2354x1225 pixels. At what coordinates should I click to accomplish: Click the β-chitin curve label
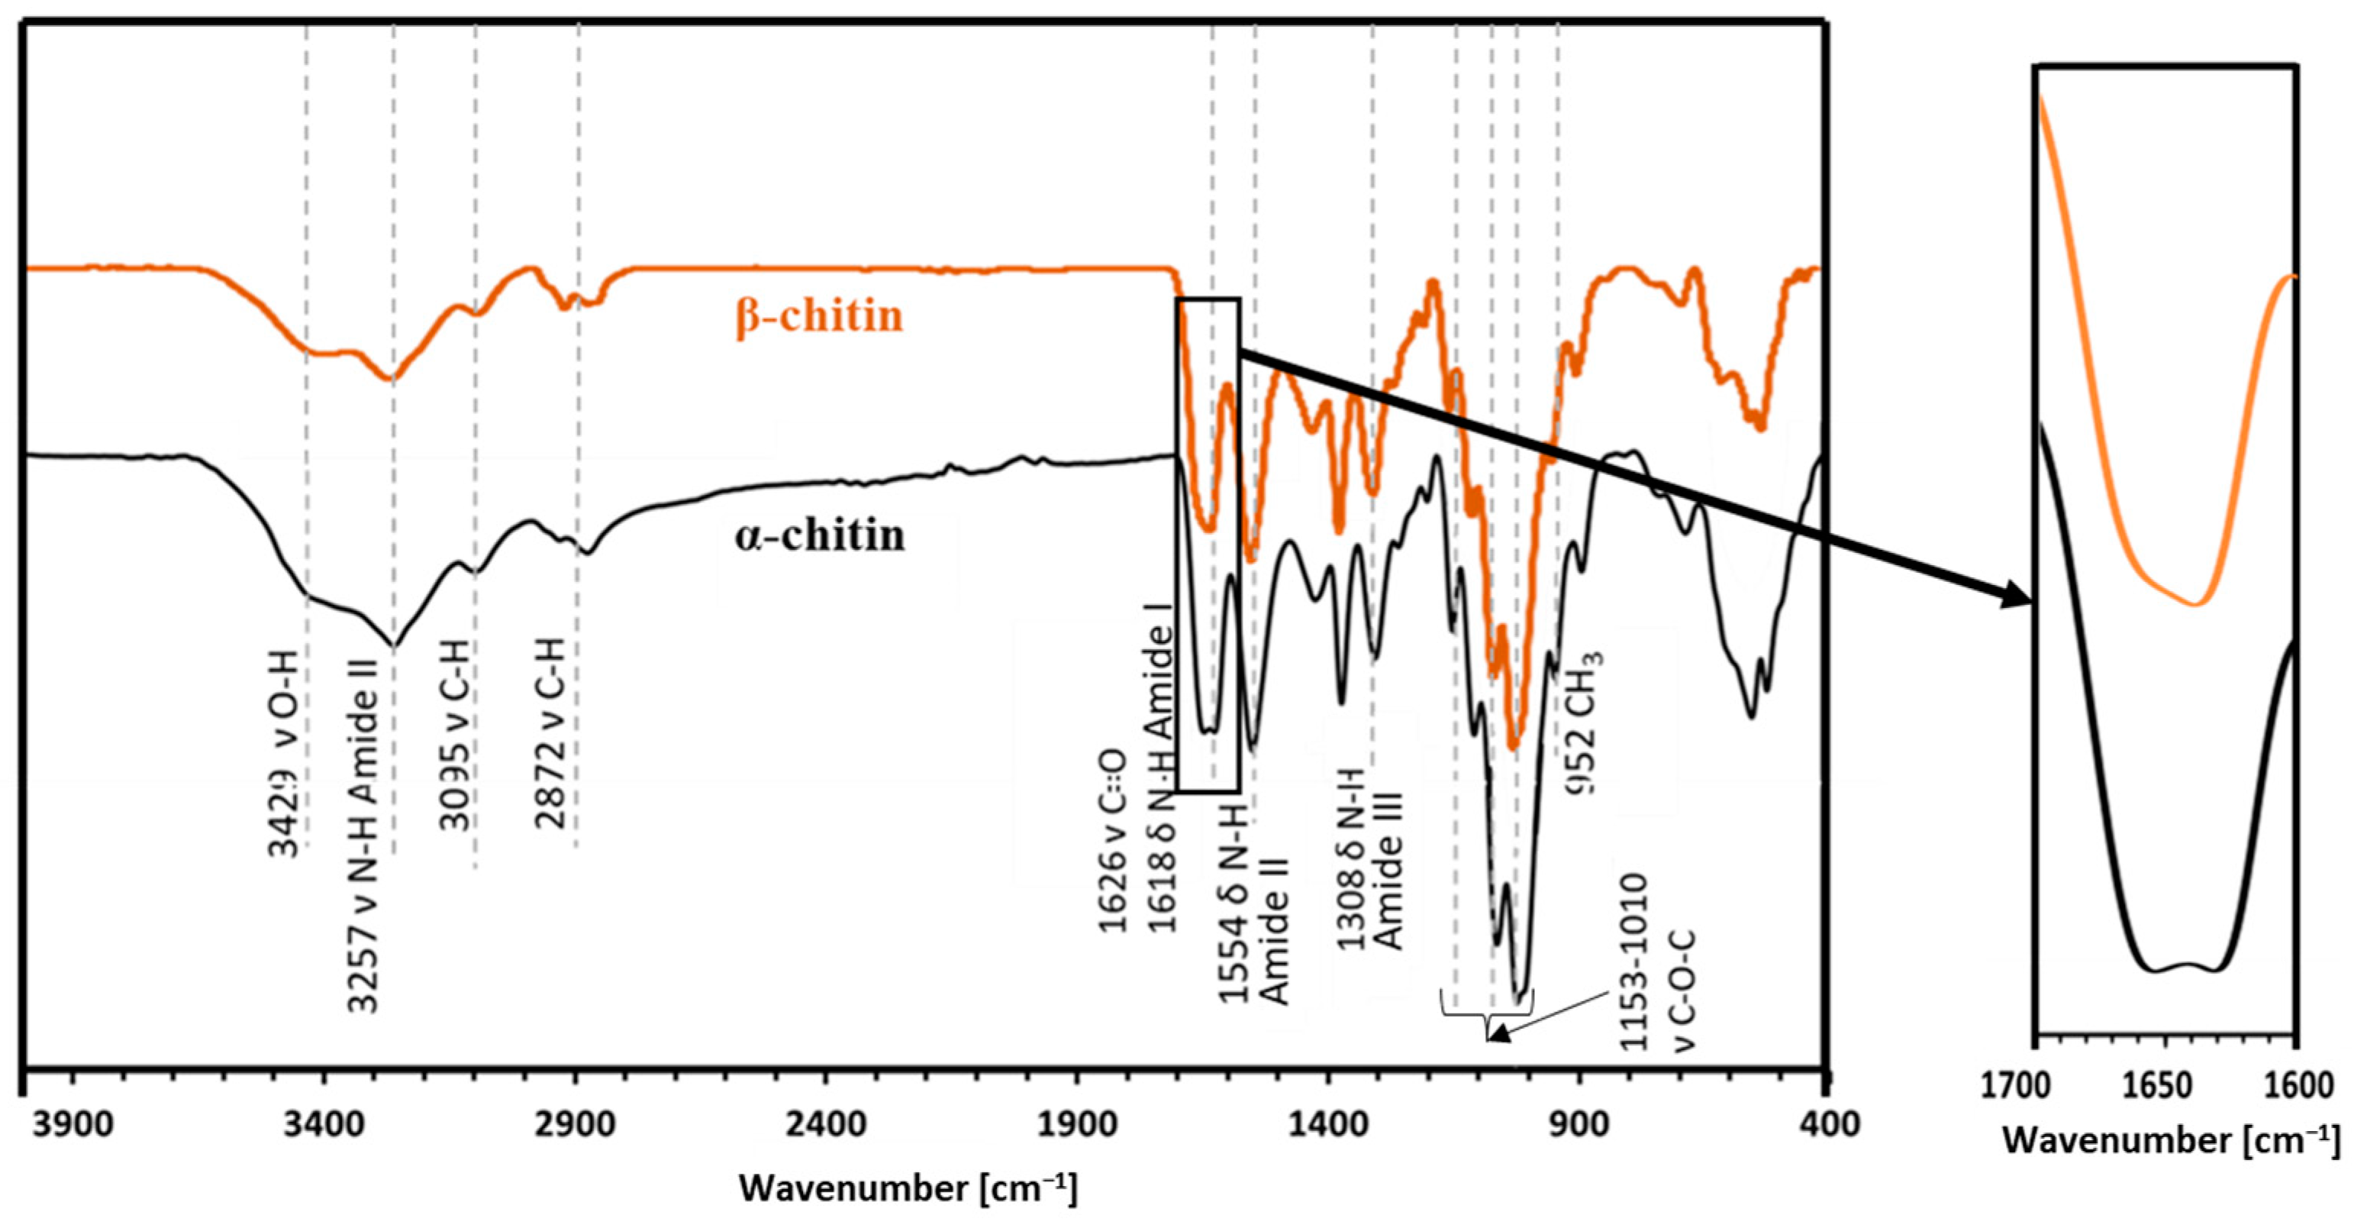click(x=819, y=316)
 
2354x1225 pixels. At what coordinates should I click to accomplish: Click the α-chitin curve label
click(x=819, y=535)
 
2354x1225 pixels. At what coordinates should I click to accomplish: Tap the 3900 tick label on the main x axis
click(x=74, y=1123)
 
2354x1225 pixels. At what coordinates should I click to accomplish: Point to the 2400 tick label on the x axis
click(x=826, y=1123)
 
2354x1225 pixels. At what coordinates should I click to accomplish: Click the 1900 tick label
click(x=1078, y=1123)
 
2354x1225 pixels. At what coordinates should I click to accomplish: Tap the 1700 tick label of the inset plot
click(x=2040, y=1086)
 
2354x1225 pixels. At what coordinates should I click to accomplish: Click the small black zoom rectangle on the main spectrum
click(x=1208, y=544)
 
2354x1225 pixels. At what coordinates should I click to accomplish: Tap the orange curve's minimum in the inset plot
click(x=2198, y=604)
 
